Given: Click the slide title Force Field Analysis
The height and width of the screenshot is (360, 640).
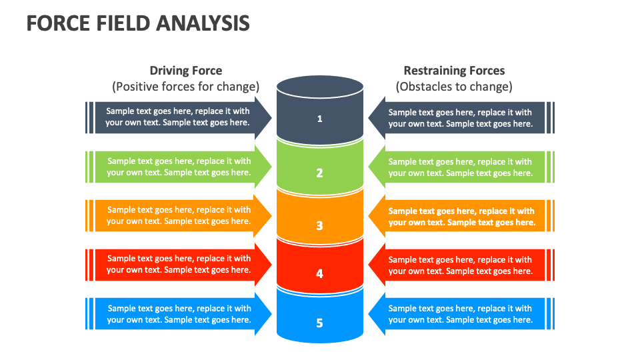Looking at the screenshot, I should point(138,23).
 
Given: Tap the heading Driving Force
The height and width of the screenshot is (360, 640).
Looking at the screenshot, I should point(185,71).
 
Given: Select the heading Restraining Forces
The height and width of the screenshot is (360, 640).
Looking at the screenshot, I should point(454,71).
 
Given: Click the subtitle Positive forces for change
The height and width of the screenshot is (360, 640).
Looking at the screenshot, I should point(185,87).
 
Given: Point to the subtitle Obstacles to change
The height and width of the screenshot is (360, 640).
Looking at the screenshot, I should point(454,87).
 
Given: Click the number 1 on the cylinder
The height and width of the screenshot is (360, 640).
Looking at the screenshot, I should point(320,119).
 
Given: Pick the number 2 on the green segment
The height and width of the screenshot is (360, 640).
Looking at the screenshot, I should point(320,173).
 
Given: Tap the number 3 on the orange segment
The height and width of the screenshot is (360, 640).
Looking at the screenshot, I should point(320,225).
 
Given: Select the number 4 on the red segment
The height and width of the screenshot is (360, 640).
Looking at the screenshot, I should point(320,273).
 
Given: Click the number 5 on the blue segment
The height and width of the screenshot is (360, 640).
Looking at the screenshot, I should point(320,323).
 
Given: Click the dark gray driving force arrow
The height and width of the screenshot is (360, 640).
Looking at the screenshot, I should point(179,117).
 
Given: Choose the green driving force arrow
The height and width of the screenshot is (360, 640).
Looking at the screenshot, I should point(179,167).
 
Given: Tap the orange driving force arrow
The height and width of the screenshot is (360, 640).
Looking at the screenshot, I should point(179,215).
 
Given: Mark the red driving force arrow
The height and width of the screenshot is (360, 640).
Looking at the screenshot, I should point(179,264).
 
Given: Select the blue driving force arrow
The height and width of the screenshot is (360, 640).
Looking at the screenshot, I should point(179,314).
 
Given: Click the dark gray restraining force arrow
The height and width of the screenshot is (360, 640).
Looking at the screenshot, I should point(460,118).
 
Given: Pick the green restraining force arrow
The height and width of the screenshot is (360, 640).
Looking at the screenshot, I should point(460,167).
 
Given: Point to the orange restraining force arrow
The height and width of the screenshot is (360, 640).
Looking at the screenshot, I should point(460,217).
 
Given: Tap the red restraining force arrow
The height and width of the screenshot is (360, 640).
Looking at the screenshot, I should point(460,265).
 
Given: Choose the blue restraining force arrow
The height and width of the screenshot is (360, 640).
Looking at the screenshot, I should point(460,314).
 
